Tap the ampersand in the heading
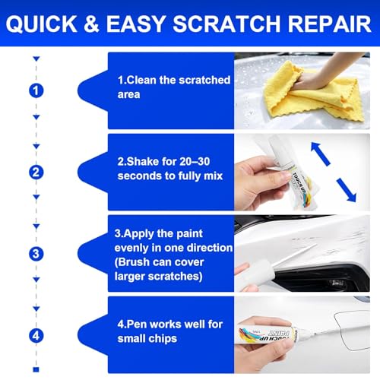pos(91,24)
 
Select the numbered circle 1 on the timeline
pos(36,90)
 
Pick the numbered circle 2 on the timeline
pos(36,173)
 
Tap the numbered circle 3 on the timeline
pos(36,254)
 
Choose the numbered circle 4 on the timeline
pos(36,336)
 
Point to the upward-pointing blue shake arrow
pos(321,154)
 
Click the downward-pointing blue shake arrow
pos(347,190)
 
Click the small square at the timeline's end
pos(36,369)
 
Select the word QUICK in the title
pos(41,24)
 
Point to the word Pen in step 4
pos(137,325)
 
